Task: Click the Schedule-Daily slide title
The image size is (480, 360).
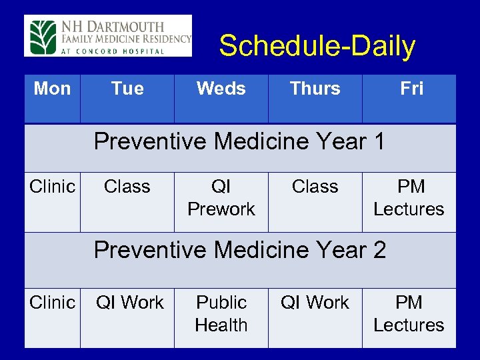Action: [x=317, y=47]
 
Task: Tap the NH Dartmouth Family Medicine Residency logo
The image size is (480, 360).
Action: [x=108, y=35]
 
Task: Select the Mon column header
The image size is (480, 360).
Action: [x=52, y=89]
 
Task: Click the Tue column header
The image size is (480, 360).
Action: [x=127, y=89]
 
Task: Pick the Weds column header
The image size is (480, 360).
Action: [x=221, y=89]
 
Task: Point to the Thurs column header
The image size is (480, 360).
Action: [x=315, y=89]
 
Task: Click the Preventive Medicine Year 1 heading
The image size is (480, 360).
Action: [x=239, y=142]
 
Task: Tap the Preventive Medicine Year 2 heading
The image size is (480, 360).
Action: [x=239, y=250]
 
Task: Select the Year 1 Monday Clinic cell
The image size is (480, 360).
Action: [x=52, y=187]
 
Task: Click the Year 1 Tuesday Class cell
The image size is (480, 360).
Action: [x=127, y=187]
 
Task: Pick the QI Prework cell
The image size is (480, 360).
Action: [x=221, y=198]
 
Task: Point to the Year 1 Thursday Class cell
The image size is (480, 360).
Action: [x=315, y=187]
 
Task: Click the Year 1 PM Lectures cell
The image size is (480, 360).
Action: [x=409, y=198]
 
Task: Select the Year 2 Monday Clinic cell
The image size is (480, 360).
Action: [x=52, y=303]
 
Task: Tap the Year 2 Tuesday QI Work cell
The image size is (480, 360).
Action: [x=129, y=303]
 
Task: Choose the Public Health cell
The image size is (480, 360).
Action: [x=221, y=314]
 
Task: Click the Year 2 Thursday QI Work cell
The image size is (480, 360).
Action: [x=315, y=303]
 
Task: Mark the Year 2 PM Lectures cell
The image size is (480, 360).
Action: [x=409, y=314]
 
